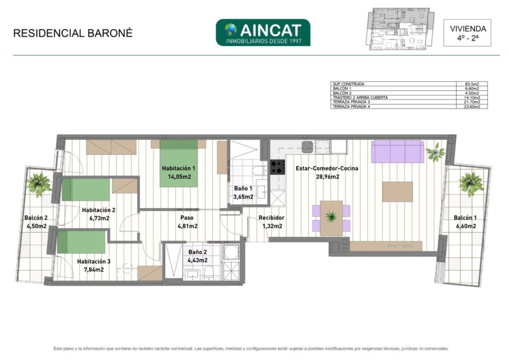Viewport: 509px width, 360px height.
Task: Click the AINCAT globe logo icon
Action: (231, 29)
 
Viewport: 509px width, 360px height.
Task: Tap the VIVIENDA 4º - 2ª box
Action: (467, 33)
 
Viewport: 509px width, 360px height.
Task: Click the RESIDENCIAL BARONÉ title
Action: (73, 33)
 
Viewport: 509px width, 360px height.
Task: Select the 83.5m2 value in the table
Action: (472, 84)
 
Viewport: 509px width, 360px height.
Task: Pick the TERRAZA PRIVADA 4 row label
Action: (351, 106)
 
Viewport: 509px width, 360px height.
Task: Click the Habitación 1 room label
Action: (178, 169)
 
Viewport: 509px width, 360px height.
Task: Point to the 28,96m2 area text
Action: (328, 177)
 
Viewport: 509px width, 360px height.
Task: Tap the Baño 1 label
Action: (243, 188)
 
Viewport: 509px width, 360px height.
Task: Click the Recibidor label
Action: (271, 218)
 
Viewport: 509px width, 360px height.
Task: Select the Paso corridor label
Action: (187, 218)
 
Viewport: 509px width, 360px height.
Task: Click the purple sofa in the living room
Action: (398, 151)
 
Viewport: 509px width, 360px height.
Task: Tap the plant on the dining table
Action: (331, 216)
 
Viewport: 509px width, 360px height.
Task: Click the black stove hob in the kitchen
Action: (277, 167)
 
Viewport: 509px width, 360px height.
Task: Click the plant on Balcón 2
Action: (39, 184)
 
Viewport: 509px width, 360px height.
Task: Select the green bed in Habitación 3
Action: (81, 242)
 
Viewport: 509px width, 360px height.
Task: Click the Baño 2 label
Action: (197, 252)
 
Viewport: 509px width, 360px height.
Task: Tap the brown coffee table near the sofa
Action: (397, 192)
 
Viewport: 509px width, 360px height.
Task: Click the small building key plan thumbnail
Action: (402, 29)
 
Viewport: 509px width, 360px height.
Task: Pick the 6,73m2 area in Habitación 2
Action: (99, 218)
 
